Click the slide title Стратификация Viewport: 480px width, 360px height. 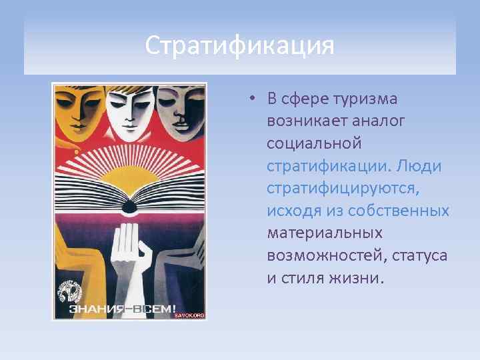[239, 46]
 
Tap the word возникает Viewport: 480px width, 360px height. [308, 121]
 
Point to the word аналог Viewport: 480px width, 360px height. [381, 121]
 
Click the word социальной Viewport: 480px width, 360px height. [314, 143]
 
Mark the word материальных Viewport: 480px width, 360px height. [325, 233]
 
